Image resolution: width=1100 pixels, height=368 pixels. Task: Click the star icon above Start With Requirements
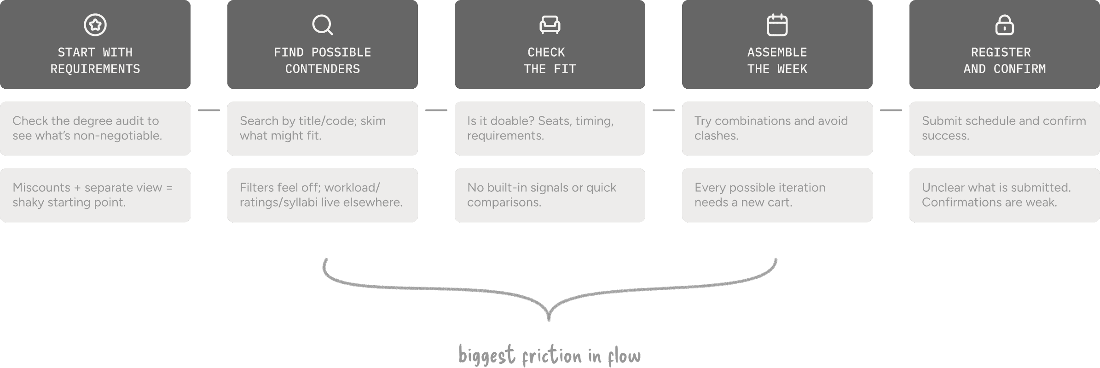pos(95,25)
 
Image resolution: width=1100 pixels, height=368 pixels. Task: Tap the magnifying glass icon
pos(322,25)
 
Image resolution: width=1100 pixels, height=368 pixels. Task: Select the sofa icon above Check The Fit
pos(550,25)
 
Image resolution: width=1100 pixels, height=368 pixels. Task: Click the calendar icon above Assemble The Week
pos(777,25)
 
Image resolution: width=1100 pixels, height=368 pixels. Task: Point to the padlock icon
pos(1004,25)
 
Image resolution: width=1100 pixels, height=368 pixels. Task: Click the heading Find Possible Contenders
pos(322,60)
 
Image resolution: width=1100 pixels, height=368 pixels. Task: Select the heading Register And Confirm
pos(1004,60)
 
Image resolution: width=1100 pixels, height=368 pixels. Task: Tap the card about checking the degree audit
pos(95,128)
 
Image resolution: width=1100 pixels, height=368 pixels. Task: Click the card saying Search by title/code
pos(322,128)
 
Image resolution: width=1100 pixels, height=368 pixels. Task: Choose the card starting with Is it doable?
pos(550,128)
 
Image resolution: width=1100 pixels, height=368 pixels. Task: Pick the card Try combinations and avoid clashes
pos(777,128)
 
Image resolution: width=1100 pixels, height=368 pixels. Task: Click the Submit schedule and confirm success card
pos(1004,128)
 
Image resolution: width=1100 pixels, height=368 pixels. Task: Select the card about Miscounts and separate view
pos(95,195)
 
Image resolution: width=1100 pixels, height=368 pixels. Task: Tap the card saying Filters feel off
pos(322,195)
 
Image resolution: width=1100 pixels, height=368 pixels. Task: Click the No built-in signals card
pos(550,195)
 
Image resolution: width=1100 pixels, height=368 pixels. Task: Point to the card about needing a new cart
pos(777,195)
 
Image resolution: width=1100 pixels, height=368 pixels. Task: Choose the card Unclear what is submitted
pos(1004,195)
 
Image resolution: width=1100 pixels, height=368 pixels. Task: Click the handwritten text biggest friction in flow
pos(550,356)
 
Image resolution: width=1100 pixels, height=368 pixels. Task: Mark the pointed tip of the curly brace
pos(549,319)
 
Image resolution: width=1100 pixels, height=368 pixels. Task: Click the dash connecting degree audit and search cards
pos(209,110)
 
